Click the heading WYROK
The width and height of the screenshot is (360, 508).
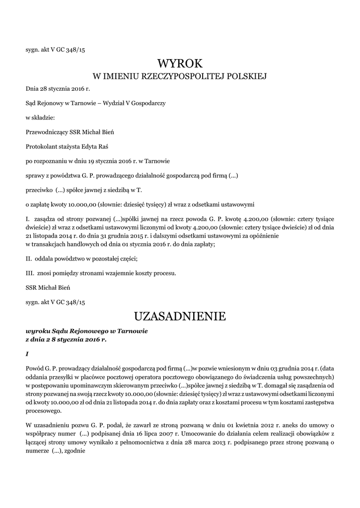tap(180, 63)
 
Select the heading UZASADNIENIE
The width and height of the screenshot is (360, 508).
tap(180, 316)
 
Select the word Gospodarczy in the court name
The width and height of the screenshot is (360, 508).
tap(147, 103)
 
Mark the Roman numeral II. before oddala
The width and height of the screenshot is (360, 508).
tap(29, 258)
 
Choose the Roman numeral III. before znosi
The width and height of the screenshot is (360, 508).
tap(30, 273)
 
